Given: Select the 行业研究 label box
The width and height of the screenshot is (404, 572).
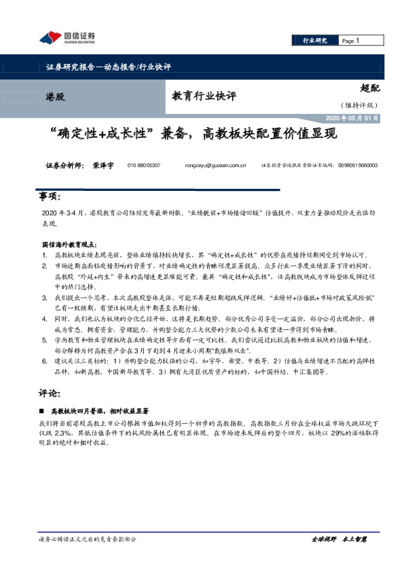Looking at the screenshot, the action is [314, 41].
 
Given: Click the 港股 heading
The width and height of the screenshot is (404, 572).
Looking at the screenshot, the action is [56, 96].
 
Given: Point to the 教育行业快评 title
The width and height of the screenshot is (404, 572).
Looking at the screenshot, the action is [204, 96].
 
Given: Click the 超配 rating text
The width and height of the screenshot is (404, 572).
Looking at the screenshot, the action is [369, 88].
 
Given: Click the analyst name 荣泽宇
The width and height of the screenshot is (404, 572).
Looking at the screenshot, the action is [103, 165].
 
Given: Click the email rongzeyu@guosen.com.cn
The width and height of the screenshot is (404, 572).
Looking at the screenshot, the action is [215, 165].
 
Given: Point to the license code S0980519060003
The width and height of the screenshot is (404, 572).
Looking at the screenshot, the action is [356, 165].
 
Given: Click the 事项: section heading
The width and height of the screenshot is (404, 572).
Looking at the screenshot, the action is [50, 197].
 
